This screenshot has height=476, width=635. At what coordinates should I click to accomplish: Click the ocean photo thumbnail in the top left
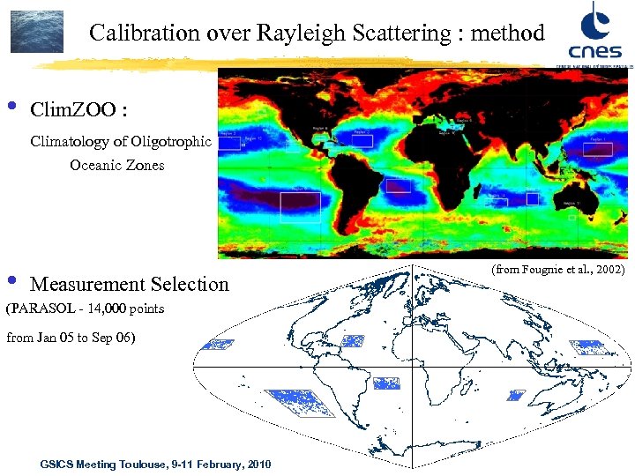pos(37,32)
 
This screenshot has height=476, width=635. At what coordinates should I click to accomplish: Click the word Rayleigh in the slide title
pos(300,33)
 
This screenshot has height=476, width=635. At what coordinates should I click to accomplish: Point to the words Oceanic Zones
pos(117,165)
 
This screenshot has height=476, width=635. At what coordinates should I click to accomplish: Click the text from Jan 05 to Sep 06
pos(71,338)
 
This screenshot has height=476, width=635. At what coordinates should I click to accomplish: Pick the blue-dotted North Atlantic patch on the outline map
pos(353,340)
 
